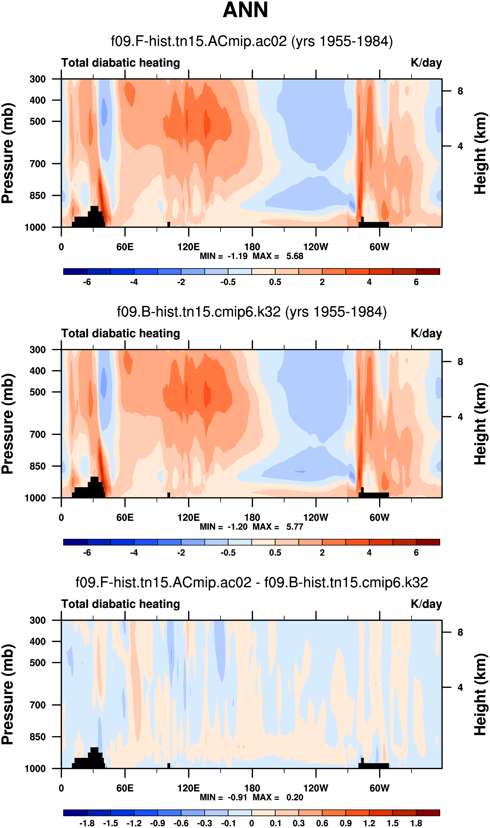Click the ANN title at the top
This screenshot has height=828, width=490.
(245, 10)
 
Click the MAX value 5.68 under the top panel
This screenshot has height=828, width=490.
(295, 256)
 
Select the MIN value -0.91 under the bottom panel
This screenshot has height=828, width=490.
(237, 798)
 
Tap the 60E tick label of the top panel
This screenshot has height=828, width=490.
(125, 247)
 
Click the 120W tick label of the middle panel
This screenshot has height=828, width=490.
(316, 518)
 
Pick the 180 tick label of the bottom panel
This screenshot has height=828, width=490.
(252, 788)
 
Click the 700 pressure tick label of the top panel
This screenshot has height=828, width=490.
(38, 164)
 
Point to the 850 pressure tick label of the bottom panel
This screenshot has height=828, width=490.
(38, 737)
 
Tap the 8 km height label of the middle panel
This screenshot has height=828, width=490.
(460, 362)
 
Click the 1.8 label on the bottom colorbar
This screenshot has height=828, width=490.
(416, 823)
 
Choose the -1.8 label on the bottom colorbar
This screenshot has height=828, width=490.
(87, 823)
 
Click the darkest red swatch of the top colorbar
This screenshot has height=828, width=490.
(428, 272)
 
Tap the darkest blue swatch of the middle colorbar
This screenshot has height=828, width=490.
(75, 542)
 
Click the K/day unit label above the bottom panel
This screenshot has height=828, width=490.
(426, 604)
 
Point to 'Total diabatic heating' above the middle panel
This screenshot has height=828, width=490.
(121, 334)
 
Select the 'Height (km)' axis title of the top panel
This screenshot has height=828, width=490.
(481, 153)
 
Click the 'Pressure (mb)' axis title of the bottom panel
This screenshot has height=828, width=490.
(7, 695)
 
